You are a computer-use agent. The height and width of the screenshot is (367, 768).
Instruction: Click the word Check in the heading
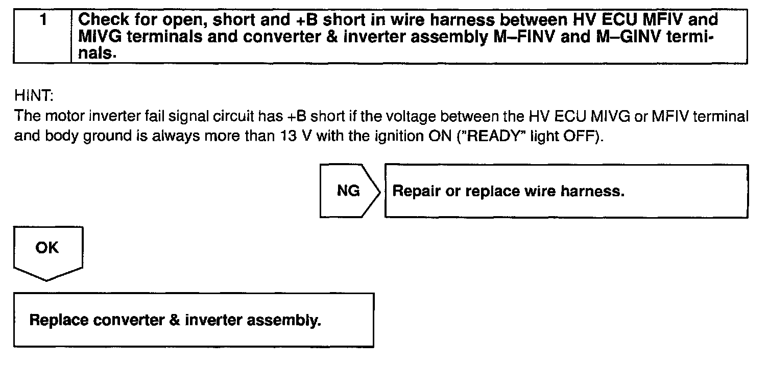[104, 20]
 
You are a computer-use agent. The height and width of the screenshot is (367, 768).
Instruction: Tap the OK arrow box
[47, 252]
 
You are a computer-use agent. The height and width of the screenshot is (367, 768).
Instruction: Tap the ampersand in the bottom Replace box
[174, 321]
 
